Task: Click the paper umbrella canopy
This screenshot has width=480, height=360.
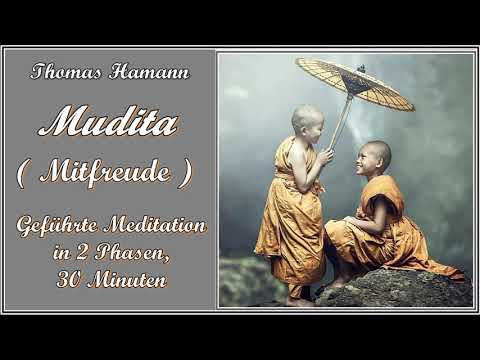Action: [354, 83]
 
